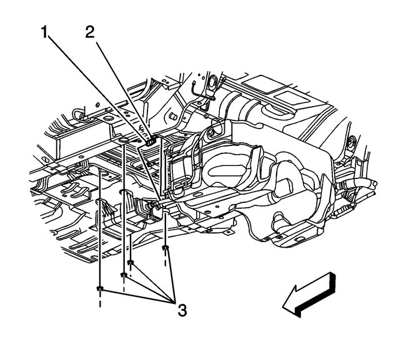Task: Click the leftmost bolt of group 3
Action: [100, 288]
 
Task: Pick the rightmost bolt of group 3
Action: [165, 250]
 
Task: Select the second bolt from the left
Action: [124, 275]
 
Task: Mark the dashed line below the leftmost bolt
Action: [100, 302]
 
